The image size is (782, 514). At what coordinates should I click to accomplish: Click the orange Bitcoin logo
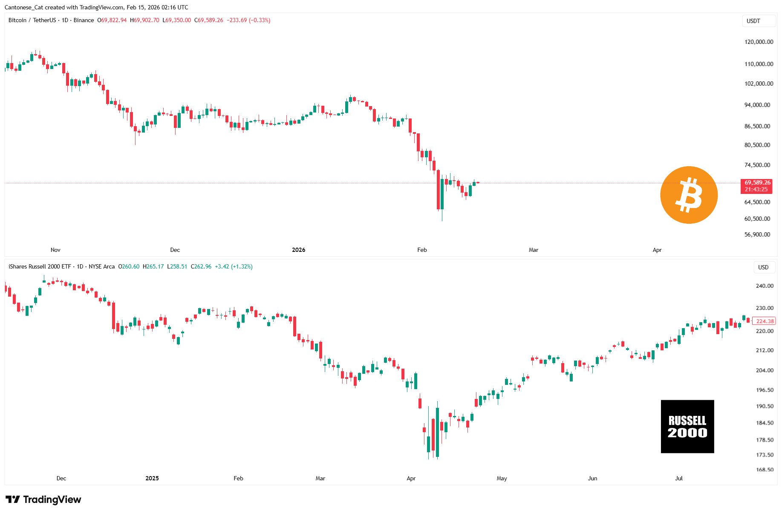click(x=689, y=195)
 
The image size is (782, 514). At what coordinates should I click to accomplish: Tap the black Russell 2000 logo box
click(x=687, y=426)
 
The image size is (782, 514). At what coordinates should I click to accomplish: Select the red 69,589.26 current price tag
click(x=757, y=183)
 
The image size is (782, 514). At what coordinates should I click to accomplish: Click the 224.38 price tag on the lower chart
click(x=765, y=321)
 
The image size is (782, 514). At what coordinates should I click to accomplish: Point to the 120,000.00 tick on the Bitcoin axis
click(x=759, y=42)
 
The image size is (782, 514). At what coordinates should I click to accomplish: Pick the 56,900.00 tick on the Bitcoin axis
click(x=757, y=234)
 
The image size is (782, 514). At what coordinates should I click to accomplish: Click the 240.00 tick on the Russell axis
click(x=765, y=286)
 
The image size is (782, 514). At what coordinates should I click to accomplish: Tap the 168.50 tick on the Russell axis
click(x=765, y=470)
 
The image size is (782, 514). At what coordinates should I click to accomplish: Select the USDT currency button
click(x=753, y=21)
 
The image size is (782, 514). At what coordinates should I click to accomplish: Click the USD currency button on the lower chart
click(x=763, y=267)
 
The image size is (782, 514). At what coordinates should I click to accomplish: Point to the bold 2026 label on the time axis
click(x=298, y=250)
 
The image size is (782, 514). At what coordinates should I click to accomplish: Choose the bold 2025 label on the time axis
click(x=152, y=478)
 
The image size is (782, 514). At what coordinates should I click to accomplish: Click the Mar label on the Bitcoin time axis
click(x=533, y=250)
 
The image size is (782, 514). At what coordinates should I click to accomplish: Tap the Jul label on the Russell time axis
click(x=678, y=478)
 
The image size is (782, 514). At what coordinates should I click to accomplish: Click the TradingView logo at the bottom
click(x=43, y=500)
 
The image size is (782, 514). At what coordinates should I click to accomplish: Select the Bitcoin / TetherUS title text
click(x=32, y=20)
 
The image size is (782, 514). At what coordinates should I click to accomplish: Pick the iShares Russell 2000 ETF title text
click(x=40, y=266)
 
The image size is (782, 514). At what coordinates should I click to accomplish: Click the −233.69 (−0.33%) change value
click(x=248, y=20)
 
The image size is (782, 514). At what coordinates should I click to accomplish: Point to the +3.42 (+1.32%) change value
click(x=234, y=266)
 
